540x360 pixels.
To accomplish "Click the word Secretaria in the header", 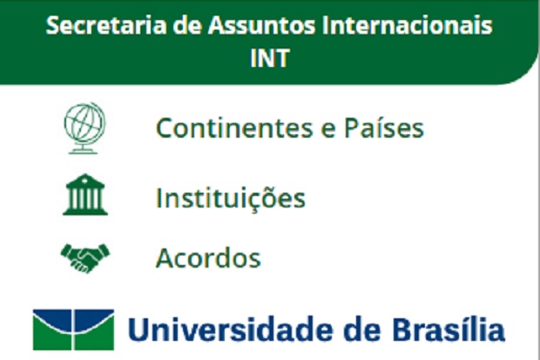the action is [106, 25].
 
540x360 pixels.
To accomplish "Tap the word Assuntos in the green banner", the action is [261, 25].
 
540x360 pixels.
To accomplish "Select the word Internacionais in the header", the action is [408, 25].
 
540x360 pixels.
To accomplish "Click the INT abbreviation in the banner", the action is [270, 58].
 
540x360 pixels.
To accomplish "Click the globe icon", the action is [84, 127].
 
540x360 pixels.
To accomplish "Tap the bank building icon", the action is [85, 195].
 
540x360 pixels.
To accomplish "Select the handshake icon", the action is [85, 258].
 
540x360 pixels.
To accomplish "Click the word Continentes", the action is [234, 128].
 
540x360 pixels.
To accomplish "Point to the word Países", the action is [384, 127].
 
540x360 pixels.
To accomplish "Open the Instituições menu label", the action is [231, 198].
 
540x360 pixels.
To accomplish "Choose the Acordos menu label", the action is [208, 258].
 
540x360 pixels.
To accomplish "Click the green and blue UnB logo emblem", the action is [73, 329].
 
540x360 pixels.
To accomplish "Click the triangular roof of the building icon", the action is [84, 180].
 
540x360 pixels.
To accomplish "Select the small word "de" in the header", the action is [187, 25].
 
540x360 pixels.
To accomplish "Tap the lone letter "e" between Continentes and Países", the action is [328, 131].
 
